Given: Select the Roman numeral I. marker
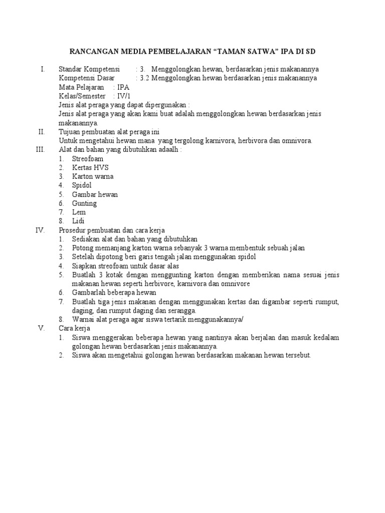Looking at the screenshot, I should (x=43, y=69).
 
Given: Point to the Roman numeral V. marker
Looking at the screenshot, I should (x=42, y=328).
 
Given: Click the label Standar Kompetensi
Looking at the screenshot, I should (x=89, y=69).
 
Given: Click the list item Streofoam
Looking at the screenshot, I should (x=88, y=158).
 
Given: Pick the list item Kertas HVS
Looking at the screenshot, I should (x=90, y=167).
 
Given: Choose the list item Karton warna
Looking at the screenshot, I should (x=93, y=176).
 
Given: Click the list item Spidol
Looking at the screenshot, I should (x=82, y=185).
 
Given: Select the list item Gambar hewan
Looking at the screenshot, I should (x=95, y=194).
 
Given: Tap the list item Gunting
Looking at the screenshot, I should (x=84, y=203).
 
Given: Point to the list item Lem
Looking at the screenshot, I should (x=79, y=212).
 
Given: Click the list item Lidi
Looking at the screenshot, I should (x=78, y=221).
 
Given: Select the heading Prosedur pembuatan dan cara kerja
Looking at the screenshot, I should (x=112, y=230).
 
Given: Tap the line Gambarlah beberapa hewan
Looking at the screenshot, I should (x=114, y=292).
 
